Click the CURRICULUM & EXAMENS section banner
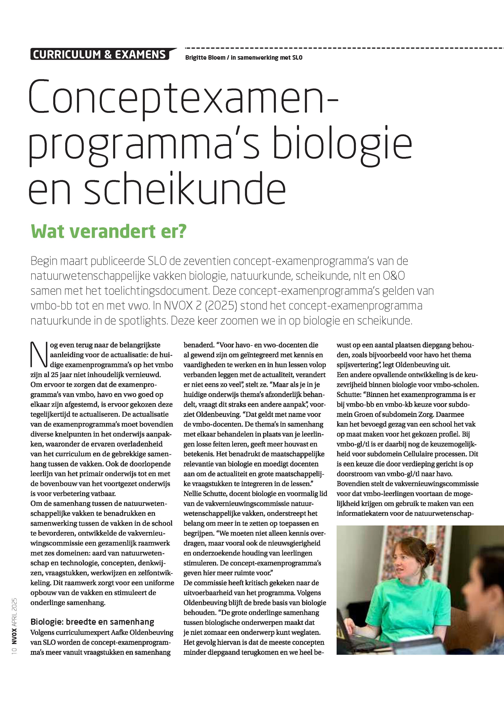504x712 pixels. click(100, 55)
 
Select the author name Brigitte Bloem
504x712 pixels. click(205, 58)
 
